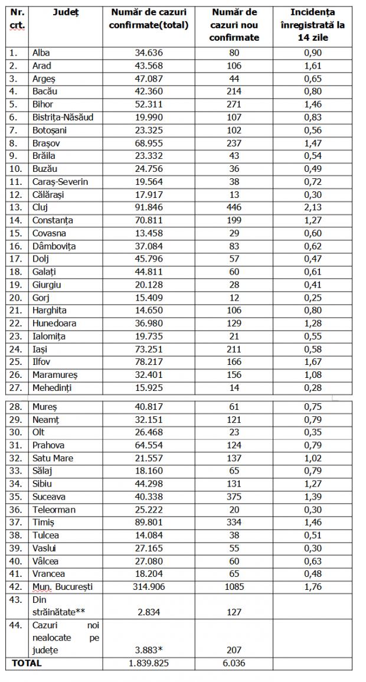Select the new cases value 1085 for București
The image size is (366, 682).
click(x=234, y=587)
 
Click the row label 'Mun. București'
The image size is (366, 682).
click(x=63, y=587)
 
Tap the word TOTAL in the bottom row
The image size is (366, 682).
click(x=27, y=663)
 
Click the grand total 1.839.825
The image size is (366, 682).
click(x=148, y=663)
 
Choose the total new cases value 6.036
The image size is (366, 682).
click(x=234, y=663)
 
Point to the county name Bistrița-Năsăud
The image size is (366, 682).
click(x=63, y=117)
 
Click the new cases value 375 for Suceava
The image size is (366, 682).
click(x=234, y=497)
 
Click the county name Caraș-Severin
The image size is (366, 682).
click(x=60, y=181)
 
